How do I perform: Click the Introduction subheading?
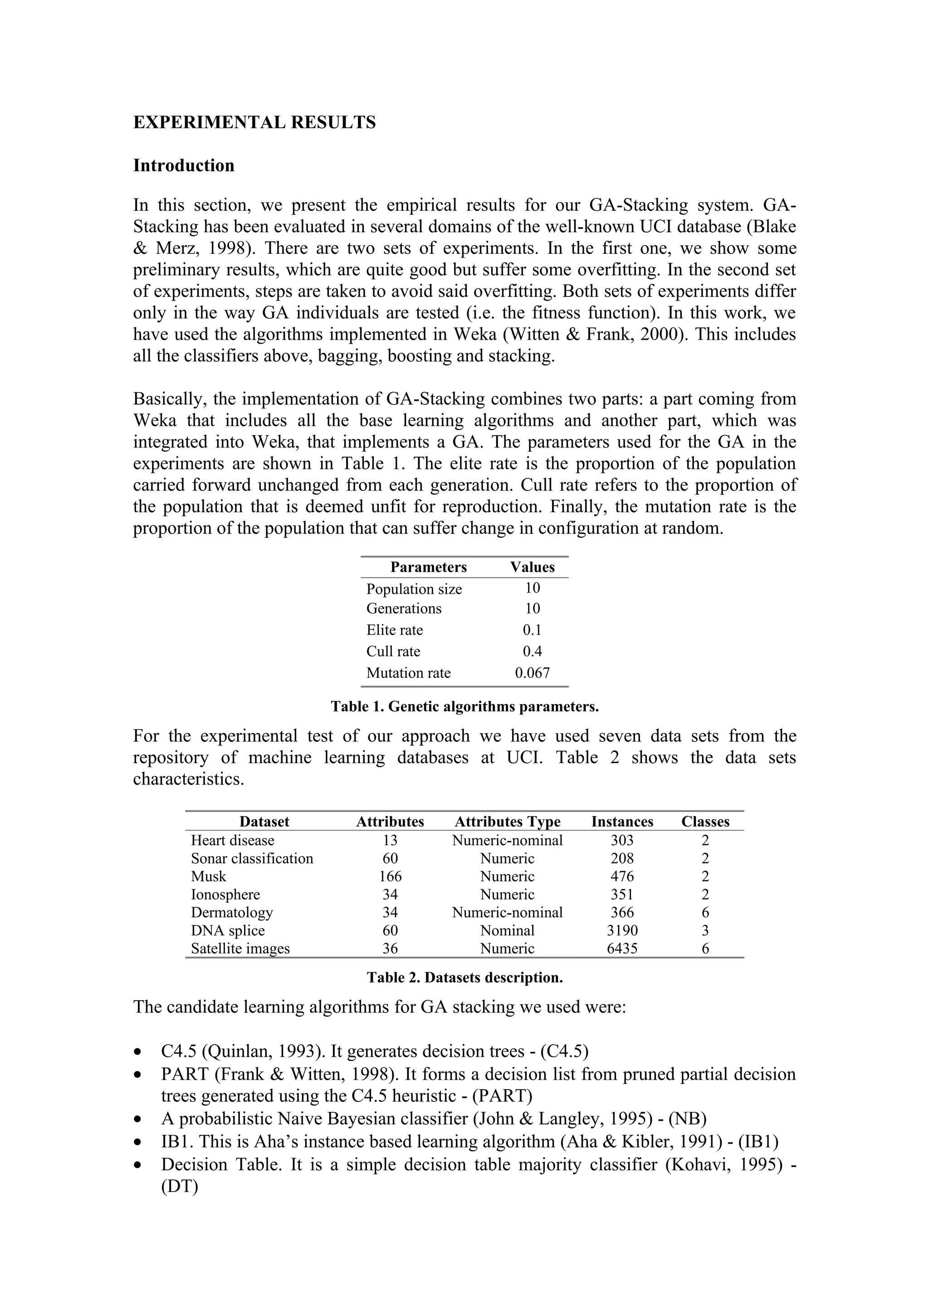[184, 165]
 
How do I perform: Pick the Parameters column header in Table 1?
[428, 567]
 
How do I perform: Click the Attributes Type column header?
[507, 822]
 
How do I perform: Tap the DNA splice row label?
[228, 930]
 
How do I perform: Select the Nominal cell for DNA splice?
[507, 930]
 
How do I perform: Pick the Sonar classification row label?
[252, 858]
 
